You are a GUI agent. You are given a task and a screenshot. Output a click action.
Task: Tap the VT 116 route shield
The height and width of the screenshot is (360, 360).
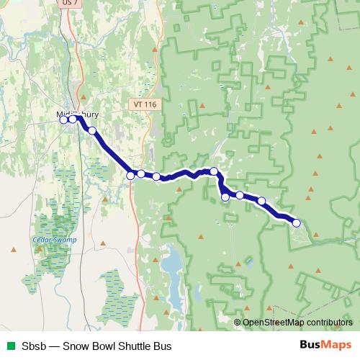pyautogui.click(x=145, y=104)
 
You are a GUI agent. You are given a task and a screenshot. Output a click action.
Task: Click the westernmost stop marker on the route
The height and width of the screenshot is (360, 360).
pyautogui.click(x=63, y=120)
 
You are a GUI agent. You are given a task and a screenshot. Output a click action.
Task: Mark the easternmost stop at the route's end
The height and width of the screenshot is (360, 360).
pyautogui.click(x=296, y=223)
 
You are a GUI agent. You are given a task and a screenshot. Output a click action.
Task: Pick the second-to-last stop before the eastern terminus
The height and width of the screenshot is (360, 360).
pyautogui.click(x=262, y=202)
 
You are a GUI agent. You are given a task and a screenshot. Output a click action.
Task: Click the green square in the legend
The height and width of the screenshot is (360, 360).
pyautogui.click(x=9, y=345)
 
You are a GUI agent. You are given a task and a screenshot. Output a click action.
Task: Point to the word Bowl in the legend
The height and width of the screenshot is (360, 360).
pyautogui.click(x=104, y=345)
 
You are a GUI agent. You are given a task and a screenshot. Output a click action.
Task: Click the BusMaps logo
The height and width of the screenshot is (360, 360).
pyautogui.click(x=325, y=345)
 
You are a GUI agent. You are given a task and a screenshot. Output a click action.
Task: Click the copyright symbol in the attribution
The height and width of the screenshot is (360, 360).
pyautogui.click(x=238, y=323)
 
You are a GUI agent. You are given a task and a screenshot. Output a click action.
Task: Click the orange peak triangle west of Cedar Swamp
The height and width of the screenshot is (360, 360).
pyautogui.click(x=13, y=249)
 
